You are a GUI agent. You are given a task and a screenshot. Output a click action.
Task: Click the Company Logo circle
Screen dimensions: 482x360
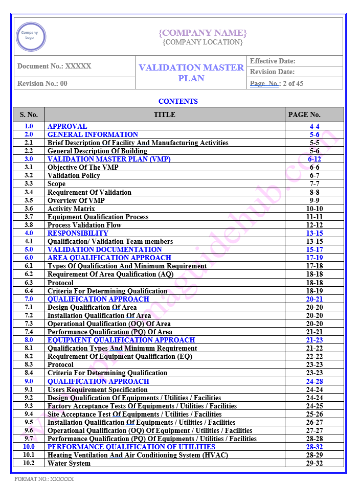pyautogui.click(x=31, y=36)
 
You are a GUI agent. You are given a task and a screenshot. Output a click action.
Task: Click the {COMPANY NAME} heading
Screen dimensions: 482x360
pyautogui.click(x=202, y=33)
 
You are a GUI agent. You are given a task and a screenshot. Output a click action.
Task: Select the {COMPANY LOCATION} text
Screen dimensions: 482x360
pyautogui.click(x=202, y=42)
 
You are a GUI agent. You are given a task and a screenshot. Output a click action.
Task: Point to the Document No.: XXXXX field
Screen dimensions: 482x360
pyautogui.click(x=54, y=66)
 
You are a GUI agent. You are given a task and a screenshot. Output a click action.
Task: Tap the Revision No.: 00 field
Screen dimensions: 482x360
pyautogui.click(x=42, y=83)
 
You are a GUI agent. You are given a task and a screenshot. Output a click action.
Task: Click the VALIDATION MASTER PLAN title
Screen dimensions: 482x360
pyautogui.click(x=191, y=73)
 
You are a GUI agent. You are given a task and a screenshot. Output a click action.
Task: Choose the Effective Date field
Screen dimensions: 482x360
pyautogui.click(x=273, y=61)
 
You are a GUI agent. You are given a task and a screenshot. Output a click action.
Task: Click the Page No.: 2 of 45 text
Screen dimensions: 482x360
pyautogui.click(x=277, y=83)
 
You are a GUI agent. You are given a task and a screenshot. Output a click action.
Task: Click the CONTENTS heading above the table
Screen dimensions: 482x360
pyautogui.click(x=178, y=101)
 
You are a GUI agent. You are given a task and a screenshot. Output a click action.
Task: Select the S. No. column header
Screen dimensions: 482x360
pyautogui.click(x=29, y=114)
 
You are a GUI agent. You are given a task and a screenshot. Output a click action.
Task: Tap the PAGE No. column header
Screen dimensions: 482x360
pyautogui.click(x=304, y=114)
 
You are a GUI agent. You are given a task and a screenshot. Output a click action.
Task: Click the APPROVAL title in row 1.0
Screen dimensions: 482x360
pyautogui.click(x=67, y=126)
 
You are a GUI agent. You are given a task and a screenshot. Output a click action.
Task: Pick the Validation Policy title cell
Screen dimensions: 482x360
pyautogui.click(x=74, y=175)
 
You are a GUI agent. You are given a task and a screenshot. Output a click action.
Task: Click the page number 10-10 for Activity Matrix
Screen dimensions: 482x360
pyautogui.click(x=314, y=209)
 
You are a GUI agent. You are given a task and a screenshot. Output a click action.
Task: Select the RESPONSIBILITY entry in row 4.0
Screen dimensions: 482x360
pyautogui.click(x=78, y=233)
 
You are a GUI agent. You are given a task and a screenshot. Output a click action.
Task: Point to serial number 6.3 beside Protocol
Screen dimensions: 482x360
pyautogui.click(x=29, y=283)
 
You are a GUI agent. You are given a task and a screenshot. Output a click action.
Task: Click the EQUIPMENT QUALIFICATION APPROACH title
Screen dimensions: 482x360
pyautogui.click(x=121, y=340)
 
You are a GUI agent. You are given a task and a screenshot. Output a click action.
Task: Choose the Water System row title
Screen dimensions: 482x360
pyautogui.click(x=69, y=463)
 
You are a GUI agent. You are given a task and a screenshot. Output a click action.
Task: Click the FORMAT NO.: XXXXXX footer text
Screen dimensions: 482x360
pyautogui.click(x=44, y=479)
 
